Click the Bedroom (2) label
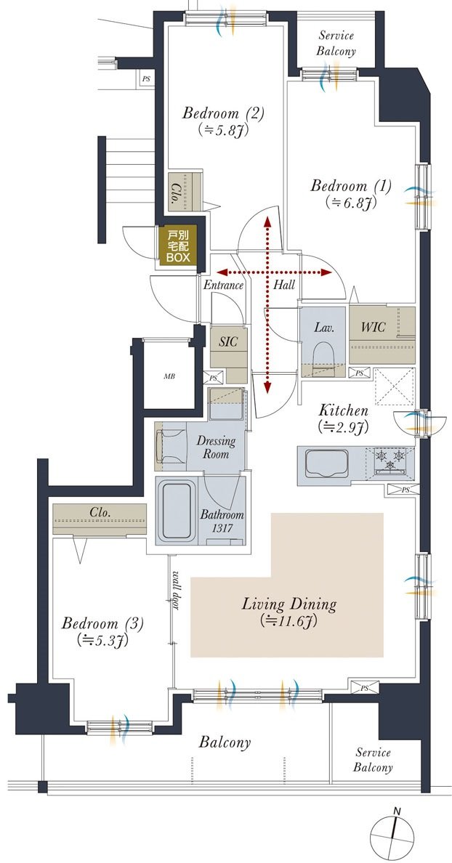(x=224, y=114)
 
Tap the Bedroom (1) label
(x=351, y=186)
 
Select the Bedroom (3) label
(x=103, y=623)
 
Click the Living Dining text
(x=289, y=604)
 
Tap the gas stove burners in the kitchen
(x=390, y=460)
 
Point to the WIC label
(x=373, y=327)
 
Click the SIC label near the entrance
(x=228, y=341)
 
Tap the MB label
(x=169, y=377)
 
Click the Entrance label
(x=223, y=285)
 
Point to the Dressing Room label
(x=216, y=447)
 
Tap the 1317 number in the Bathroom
(x=221, y=528)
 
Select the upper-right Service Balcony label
(x=337, y=44)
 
